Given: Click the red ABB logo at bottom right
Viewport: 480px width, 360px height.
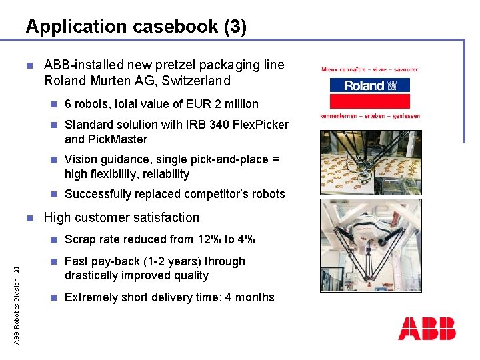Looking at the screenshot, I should [427, 329].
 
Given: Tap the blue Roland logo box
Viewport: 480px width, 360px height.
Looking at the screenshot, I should [369, 85].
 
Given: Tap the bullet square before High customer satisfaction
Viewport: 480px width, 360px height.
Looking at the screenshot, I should [29, 217].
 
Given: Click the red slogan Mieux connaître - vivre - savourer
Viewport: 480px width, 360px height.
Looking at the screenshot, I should [369, 69].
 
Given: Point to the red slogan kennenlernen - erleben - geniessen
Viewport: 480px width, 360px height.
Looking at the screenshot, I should [370, 115].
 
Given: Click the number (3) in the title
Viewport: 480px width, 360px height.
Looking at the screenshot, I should [235, 27].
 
